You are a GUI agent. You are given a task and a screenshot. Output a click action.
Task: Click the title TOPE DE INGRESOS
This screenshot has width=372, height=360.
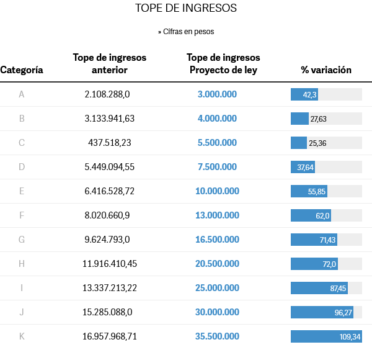[x=185, y=9]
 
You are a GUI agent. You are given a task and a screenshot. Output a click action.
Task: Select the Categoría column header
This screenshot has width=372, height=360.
[x=22, y=70]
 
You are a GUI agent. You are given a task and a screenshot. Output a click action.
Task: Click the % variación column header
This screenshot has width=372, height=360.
[x=326, y=70]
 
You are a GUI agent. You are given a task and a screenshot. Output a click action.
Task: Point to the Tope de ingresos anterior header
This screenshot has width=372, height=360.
[x=110, y=63]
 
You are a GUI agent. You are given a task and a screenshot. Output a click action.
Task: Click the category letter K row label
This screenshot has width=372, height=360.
[x=22, y=336]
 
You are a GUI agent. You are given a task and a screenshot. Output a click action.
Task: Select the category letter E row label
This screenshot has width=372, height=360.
[x=22, y=191]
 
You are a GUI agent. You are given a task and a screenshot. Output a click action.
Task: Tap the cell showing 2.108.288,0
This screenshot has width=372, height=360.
[x=107, y=94]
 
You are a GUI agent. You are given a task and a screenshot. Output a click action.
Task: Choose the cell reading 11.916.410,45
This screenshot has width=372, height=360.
[x=110, y=264]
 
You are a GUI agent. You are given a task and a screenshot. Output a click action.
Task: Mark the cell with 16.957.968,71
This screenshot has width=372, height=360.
[x=110, y=336]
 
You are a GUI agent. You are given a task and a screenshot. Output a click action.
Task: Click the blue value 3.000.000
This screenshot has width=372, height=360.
[x=217, y=94]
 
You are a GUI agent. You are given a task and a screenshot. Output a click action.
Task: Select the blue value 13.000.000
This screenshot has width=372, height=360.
[x=217, y=215]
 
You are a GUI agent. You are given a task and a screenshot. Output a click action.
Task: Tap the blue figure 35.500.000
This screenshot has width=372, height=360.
[x=217, y=336]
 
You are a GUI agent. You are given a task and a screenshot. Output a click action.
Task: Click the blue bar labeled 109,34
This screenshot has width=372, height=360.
[x=326, y=336]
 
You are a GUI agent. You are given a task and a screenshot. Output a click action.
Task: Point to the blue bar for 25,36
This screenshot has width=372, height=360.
[x=299, y=143]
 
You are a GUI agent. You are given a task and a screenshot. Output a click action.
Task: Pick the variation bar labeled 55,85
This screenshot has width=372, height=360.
[x=309, y=191]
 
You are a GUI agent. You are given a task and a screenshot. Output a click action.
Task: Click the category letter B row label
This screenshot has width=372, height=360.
[x=22, y=119]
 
